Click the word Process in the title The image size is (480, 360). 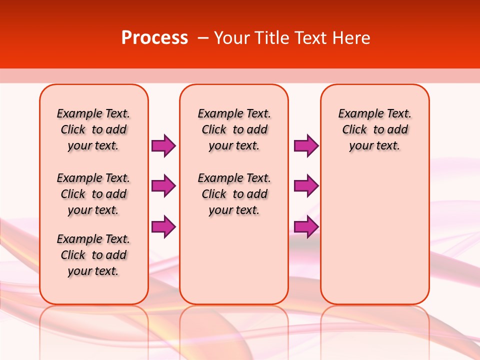(x=154, y=38)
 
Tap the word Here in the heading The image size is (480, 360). (x=352, y=38)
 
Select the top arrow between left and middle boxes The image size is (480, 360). (x=163, y=145)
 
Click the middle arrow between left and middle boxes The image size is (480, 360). (x=163, y=186)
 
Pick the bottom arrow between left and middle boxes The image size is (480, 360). (x=163, y=226)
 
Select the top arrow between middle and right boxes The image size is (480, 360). (x=306, y=145)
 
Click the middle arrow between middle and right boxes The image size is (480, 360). (x=306, y=186)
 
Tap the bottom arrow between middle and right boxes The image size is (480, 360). (x=306, y=226)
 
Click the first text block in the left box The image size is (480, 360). (x=93, y=129)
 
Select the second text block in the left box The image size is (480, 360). (x=93, y=194)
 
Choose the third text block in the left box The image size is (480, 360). (x=93, y=255)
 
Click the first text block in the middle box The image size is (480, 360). (x=234, y=129)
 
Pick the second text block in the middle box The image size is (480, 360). (x=234, y=194)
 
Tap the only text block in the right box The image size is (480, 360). (x=375, y=129)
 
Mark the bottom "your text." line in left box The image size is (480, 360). (x=93, y=271)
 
